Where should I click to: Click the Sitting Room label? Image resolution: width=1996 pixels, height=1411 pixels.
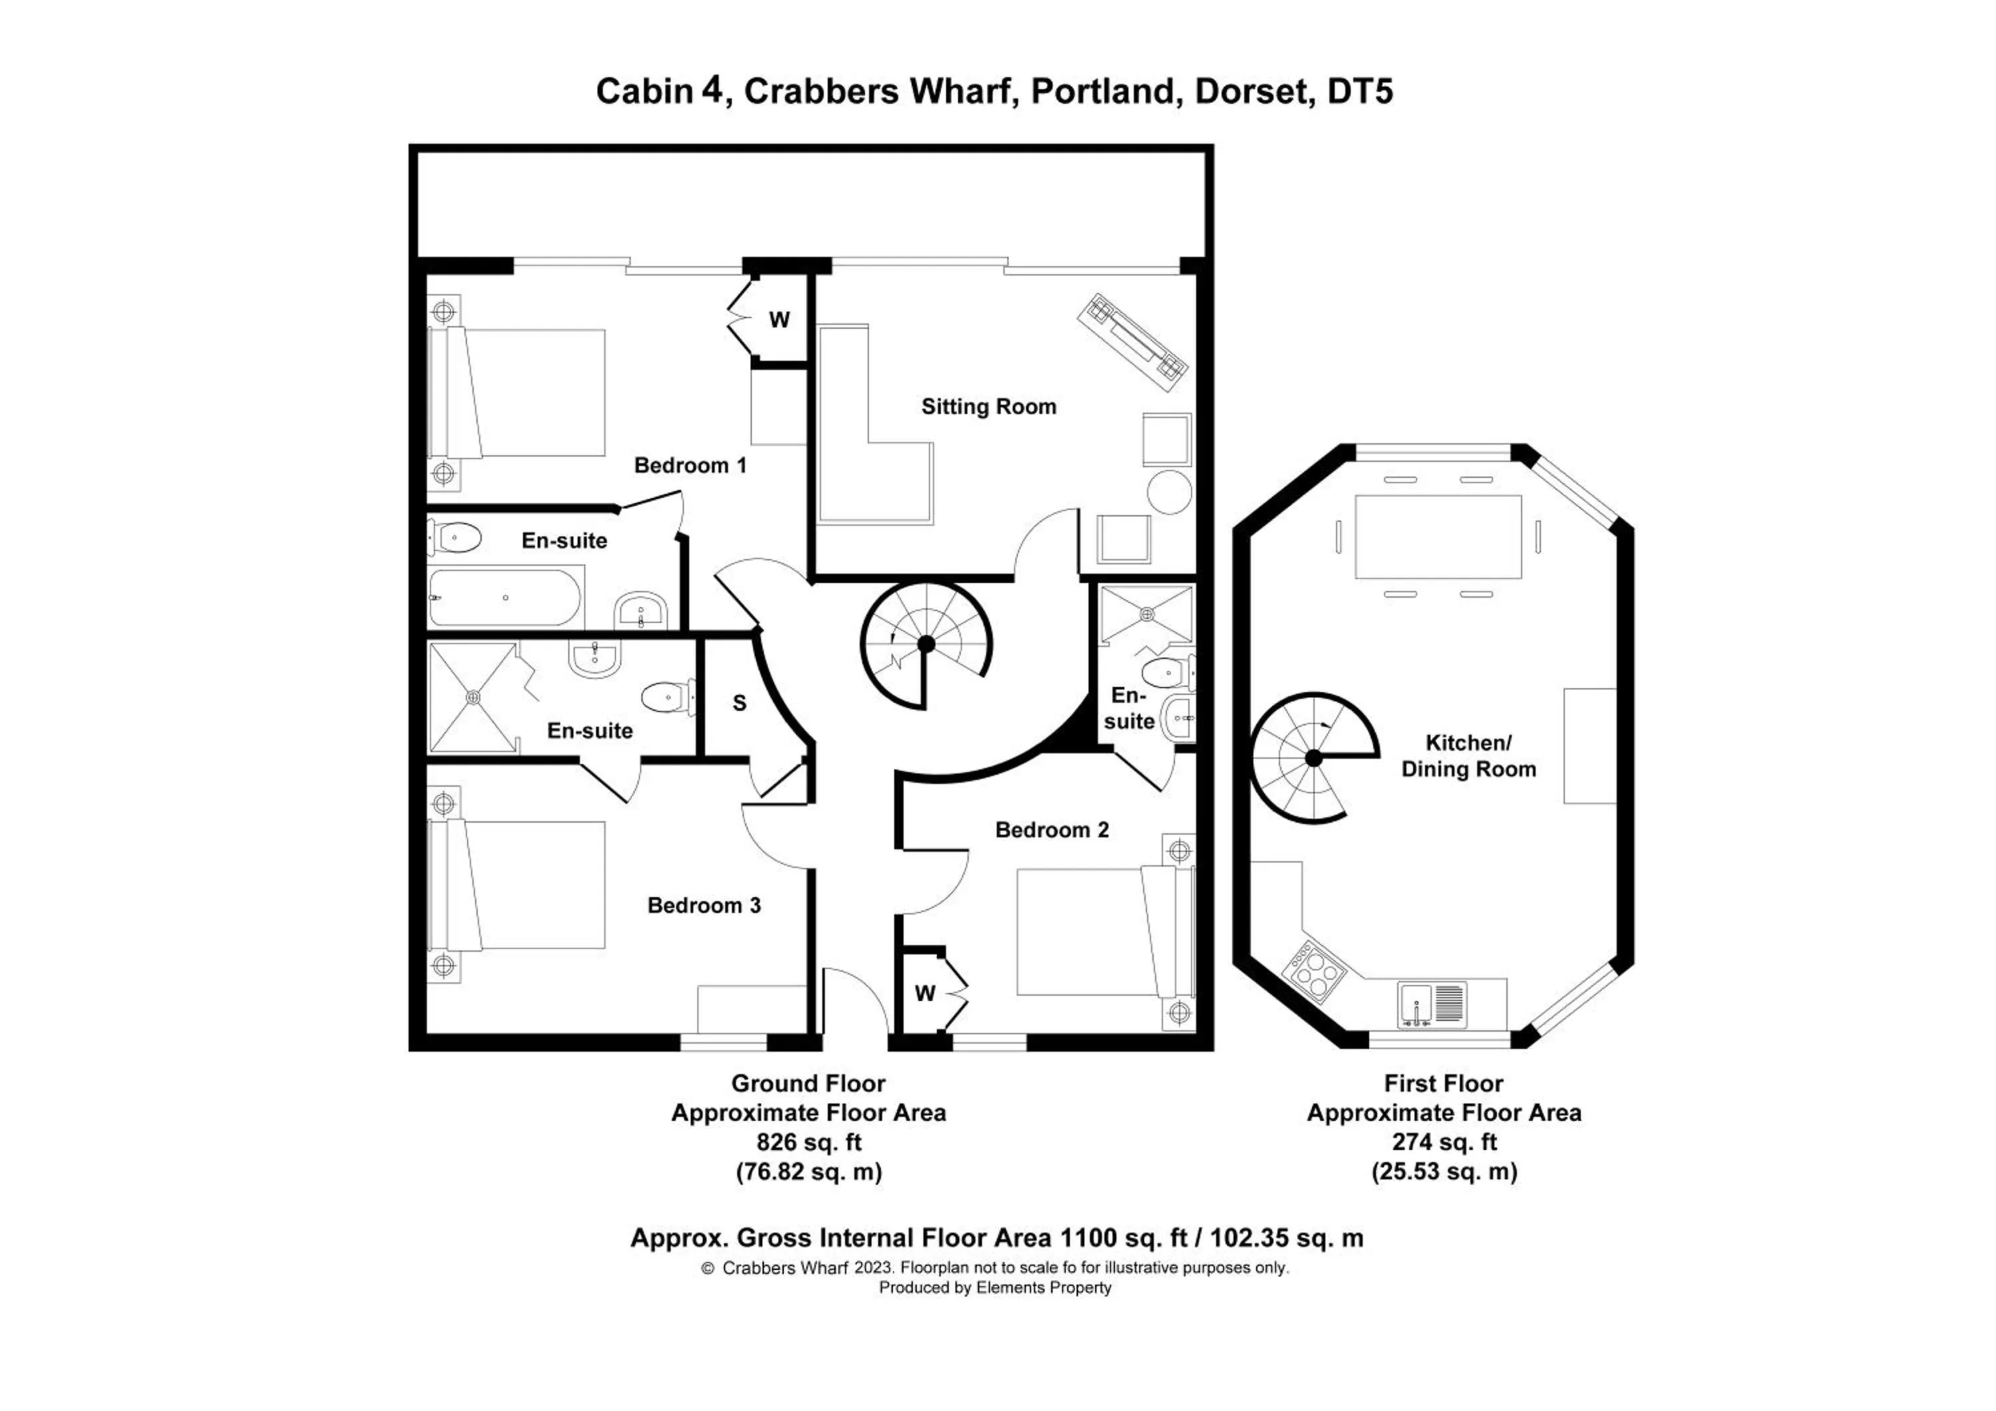click(989, 407)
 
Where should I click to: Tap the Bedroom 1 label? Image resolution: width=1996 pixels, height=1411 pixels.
click(690, 466)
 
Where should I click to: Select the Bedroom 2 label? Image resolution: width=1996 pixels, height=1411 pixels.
click(1052, 830)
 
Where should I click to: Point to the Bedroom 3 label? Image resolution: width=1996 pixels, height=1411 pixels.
click(704, 906)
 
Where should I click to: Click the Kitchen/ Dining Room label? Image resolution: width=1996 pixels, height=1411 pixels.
click(1468, 756)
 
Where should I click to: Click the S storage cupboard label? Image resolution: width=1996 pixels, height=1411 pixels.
click(740, 704)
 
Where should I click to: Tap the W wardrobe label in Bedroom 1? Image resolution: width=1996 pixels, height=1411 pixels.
click(779, 321)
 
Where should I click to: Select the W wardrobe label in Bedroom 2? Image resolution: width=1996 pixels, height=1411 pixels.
click(925, 994)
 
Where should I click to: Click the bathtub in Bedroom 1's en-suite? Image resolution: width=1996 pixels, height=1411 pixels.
click(504, 598)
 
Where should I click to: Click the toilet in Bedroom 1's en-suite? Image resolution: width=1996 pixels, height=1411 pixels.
click(457, 538)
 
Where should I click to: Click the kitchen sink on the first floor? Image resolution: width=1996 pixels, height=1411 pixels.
click(1417, 1005)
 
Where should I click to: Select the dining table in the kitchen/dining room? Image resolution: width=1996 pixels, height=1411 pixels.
click(1438, 536)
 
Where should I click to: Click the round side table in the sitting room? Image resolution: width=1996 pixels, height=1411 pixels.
click(1169, 492)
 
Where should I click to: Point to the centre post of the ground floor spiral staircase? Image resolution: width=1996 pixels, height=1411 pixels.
click(926, 644)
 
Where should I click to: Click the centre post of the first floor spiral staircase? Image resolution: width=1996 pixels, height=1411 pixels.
click(1313, 759)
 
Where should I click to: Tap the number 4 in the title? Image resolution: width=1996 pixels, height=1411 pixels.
click(711, 90)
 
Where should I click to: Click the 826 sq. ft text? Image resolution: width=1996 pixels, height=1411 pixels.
click(808, 1142)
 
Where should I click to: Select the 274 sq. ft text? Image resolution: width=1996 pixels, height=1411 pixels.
click(1444, 1142)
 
